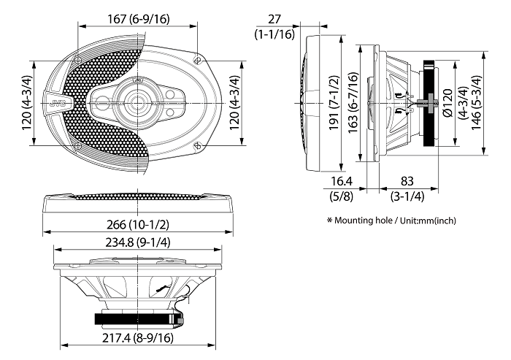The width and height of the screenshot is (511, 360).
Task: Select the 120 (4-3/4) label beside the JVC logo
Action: pyautogui.click(x=27, y=102)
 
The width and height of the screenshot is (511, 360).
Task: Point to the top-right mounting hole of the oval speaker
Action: pyautogui.click(x=198, y=56)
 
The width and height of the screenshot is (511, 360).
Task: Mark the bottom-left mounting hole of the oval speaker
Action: pyautogui.click(x=78, y=147)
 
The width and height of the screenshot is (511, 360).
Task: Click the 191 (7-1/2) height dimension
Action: pyautogui.click(x=335, y=103)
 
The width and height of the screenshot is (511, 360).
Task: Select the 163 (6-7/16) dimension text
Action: pyautogui.click(x=353, y=102)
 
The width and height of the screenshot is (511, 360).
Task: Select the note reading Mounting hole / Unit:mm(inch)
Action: pyautogui.click(x=391, y=220)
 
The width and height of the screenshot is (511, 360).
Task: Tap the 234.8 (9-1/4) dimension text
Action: pyautogui.click(x=137, y=242)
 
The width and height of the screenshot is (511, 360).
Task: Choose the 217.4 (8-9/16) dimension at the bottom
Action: pyautogui.click(x=137, y=337)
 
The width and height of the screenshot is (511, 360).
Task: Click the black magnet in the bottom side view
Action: pyautogui.click(x=137, y=318)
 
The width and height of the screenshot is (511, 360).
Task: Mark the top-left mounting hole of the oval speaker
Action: pyautogui.click(x=78, y=57)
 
